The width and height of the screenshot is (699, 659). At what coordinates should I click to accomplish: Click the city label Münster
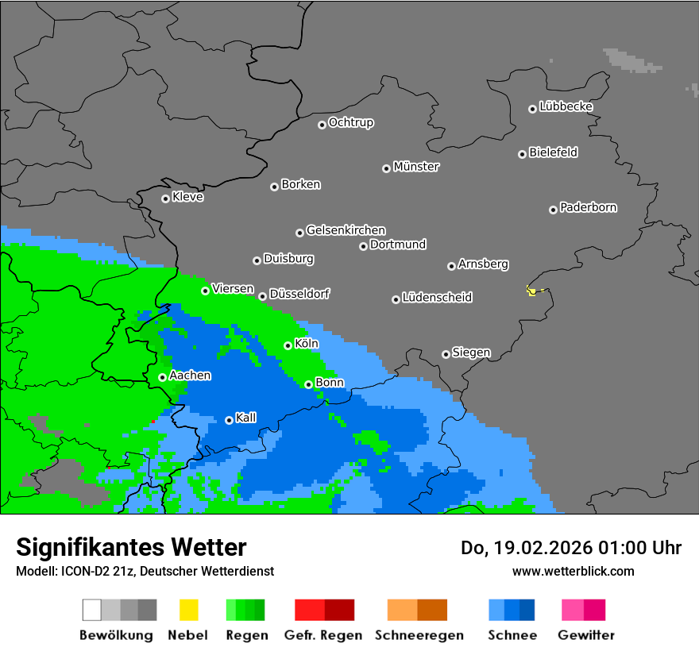(x=416, y=167)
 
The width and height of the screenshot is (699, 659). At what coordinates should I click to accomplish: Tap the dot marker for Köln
(x=288, y=345)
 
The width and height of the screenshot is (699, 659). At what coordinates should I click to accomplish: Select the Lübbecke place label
(x=566, y=106)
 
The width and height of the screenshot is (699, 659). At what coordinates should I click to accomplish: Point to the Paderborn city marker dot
(x=553, y=210)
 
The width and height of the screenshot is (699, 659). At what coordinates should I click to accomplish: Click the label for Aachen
(x=190, y=375)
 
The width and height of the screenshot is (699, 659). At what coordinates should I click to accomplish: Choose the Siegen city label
(x=471, y=352)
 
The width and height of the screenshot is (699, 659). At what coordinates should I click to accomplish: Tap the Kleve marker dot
(x=165, y=198)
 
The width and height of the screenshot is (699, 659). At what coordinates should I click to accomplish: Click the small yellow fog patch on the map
(x=531, y=291)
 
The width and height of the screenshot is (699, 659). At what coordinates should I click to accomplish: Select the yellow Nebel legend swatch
(x=188, y=610)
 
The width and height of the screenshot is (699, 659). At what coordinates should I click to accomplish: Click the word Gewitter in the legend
(x=585, y=635)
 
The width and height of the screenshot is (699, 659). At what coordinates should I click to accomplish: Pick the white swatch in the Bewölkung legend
(x=92, y=610)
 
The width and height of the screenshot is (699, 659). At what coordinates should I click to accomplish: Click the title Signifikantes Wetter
(x=131, y=547)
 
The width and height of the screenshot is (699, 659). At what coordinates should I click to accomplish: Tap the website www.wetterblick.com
(x=573, y=571)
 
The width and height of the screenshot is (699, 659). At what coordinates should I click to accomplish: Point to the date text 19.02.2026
(x=537, y=548)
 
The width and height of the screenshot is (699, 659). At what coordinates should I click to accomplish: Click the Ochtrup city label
(x=351, y=122)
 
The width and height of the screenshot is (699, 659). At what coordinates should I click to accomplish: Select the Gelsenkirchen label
(x=346, y=230)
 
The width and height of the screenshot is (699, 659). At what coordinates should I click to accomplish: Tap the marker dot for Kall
(x=229, y=420)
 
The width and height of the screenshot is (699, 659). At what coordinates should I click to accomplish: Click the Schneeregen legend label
(x=417, y=635)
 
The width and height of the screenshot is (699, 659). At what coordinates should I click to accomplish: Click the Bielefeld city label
(x=553, y=152)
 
